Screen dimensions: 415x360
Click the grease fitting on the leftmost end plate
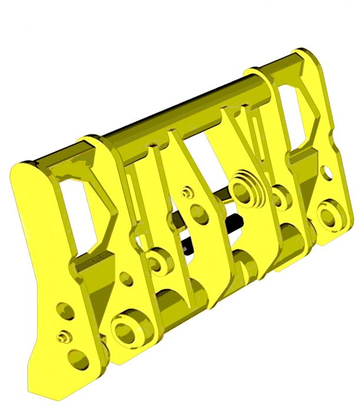click(x=63, y=337)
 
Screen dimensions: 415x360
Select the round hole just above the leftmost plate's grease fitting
click(x=62, y=310)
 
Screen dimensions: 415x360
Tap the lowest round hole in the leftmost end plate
click(x=76, y=358)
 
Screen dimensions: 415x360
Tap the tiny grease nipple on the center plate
click(x=187, y=192)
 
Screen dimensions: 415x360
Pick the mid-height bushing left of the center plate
click(x=158, y=262)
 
